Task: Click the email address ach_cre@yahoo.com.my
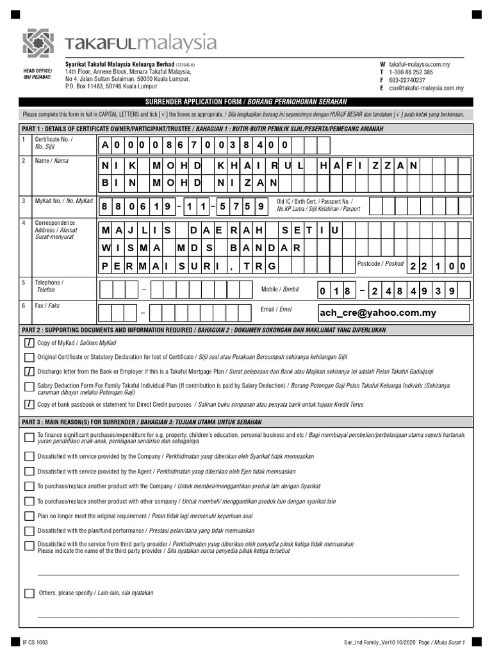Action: click(x=377, y=313)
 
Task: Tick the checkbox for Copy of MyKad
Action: click(x=29, y=343)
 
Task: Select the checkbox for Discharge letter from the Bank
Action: click(x=29, y=371)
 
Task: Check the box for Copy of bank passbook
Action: click(x=29, y=404)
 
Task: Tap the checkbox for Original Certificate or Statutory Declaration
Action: click(x=29, y=357)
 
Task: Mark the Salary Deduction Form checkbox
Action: click(x=29, y=386)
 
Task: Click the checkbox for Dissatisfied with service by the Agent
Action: click(x=29, y=471)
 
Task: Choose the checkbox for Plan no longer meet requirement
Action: click(x=29, y=516)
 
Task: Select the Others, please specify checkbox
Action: click(x=29, y=593)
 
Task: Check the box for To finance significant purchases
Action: click(x=29, y=438)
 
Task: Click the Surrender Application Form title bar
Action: click(x=246, y=102)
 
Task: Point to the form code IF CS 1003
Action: click(x=35, y=642)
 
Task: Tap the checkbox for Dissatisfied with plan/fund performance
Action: click(x=29, y=530)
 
